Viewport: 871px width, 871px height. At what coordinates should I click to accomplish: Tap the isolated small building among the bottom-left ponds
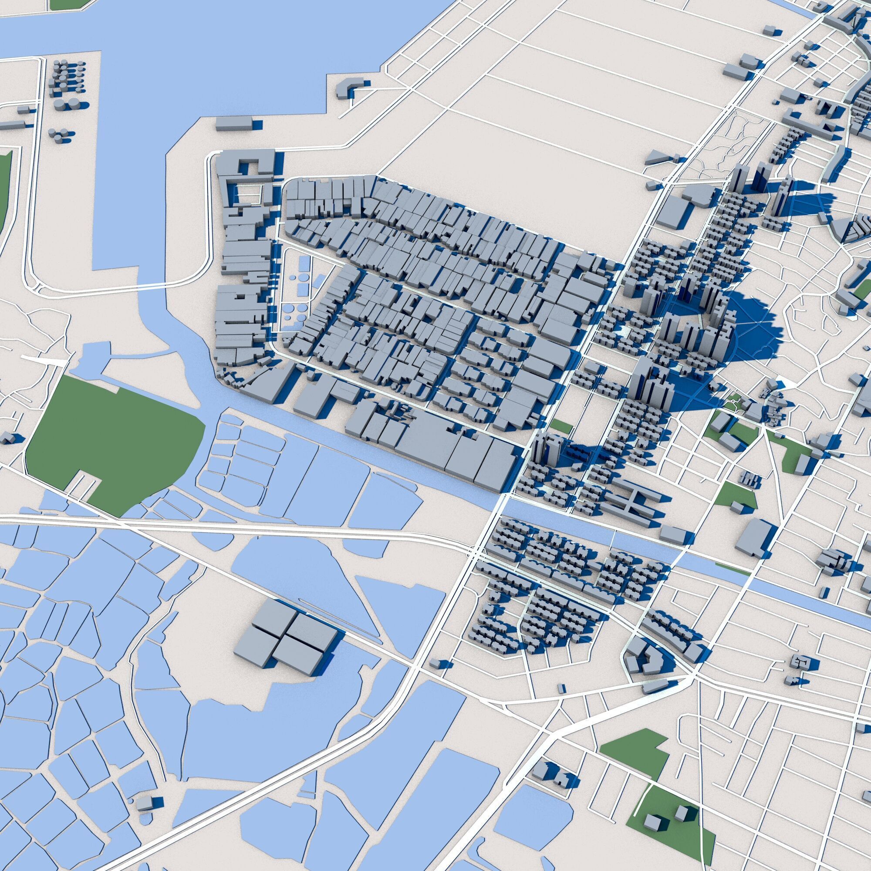145,803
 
